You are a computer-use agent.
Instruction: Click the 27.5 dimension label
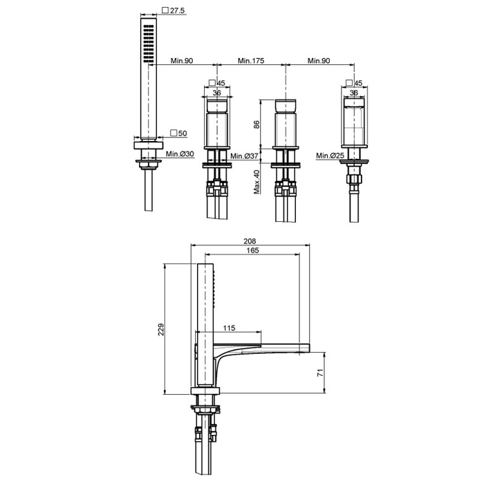coord(177,10)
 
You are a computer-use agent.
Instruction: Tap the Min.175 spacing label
coord(251,61)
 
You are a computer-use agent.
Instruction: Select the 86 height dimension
coord(257,124)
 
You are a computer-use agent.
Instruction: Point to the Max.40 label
coord(257,182)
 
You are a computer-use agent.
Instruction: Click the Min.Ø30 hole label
coord(180,153)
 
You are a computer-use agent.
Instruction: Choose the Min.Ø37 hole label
coord(244,156)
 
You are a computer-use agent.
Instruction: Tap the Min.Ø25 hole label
coord(330,156)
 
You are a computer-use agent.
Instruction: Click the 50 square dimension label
coord(183,133)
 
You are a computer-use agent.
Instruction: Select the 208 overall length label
coord(250,241)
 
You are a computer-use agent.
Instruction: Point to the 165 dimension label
coord(252,250)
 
